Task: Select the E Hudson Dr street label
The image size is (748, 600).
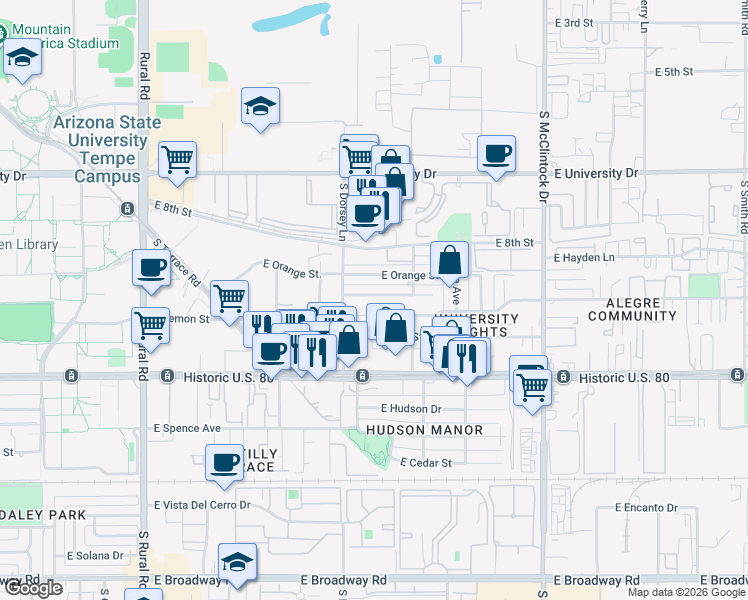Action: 411,409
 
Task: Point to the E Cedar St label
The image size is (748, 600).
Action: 426,463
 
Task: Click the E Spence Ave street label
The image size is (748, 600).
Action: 187,428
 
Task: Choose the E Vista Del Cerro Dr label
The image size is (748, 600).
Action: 202,505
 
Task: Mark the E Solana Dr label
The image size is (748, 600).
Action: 95,555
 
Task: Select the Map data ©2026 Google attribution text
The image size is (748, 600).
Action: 686,592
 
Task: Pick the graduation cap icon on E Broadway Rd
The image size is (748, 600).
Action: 238,561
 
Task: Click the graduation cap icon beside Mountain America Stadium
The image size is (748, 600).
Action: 22,59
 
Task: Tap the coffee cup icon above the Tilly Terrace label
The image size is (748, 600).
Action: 224,462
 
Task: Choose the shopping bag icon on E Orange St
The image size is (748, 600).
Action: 451,259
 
